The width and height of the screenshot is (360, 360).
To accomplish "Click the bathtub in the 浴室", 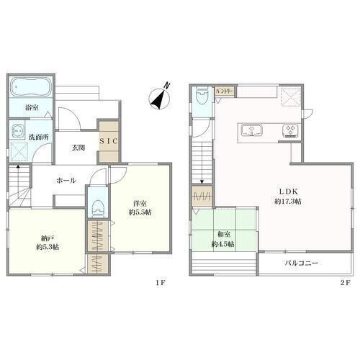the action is point(31,86).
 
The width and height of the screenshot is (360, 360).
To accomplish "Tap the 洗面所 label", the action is point(39,137).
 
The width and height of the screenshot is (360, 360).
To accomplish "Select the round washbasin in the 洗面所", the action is point(17,131).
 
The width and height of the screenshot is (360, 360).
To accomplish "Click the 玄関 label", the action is point(78,148).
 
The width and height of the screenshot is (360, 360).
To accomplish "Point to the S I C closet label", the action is point(109,141).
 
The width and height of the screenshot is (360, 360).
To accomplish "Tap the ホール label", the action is point(66,180).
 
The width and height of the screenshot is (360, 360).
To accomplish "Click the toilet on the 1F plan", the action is point(98,208).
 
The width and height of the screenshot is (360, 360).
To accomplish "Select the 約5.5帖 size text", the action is point(140,212).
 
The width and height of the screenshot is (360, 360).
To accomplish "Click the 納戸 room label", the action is point(47,238).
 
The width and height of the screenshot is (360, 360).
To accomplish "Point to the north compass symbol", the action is point(160,98).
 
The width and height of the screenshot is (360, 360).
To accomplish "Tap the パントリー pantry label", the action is point(224,91).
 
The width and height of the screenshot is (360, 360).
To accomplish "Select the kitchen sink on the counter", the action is point(252,130).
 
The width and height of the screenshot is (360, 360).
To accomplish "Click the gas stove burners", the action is point(290,130).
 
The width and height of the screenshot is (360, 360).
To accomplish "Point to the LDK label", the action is point(288,192).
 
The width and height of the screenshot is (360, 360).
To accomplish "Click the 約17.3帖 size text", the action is point(288,202).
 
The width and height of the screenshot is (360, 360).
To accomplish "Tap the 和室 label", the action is point(224,234).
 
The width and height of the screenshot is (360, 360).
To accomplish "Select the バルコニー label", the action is point(302,263).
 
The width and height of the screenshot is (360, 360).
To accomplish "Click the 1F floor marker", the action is point(160,283).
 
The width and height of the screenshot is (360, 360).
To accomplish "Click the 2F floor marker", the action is point(345,283).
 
